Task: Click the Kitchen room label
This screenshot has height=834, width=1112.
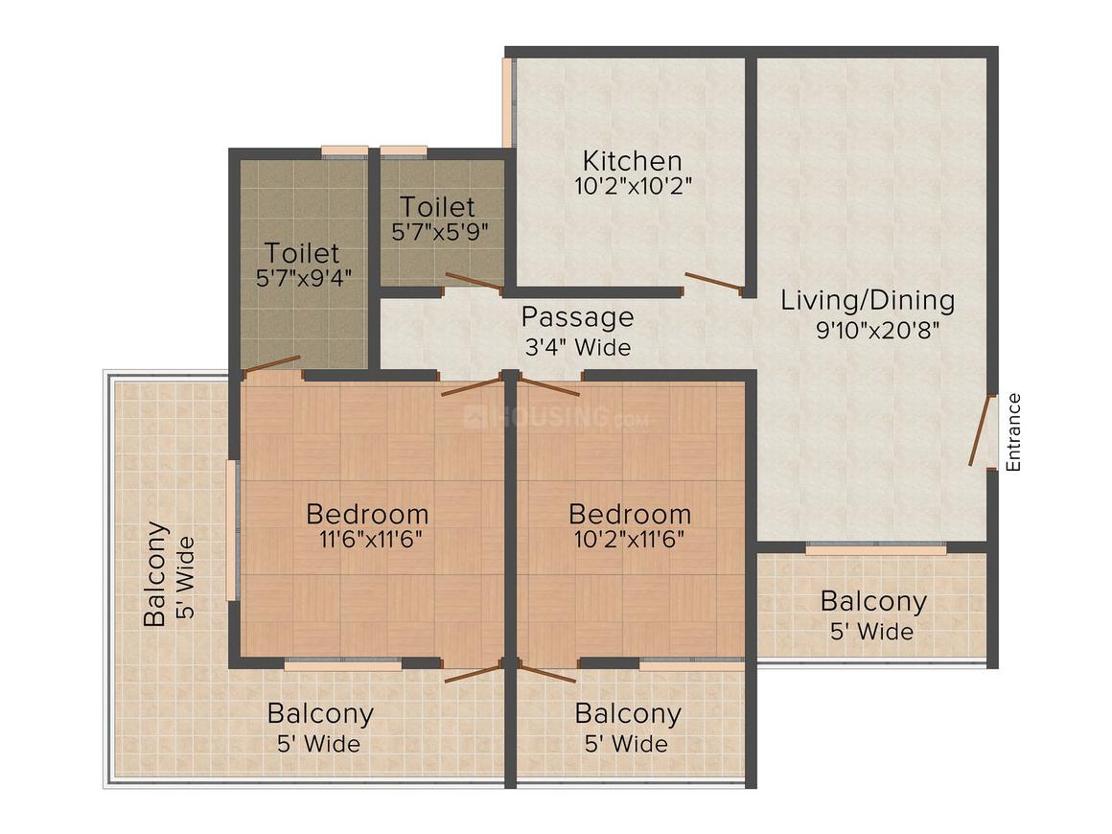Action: (633, 160)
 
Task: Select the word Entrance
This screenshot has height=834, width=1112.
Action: (1014, 432)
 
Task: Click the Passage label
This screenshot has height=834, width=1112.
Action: (577, 316)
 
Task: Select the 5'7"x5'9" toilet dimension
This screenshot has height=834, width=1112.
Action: (440, 232)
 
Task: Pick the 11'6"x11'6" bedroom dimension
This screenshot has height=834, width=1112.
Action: (370, 539)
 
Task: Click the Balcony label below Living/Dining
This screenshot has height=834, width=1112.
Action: (873, 602)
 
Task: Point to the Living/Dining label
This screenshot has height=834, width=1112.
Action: (868, 300)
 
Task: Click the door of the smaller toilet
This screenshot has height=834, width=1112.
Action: (474, 281)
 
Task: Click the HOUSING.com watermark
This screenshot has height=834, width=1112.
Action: (556, 418)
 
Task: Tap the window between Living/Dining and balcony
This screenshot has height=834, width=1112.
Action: (875, 549)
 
